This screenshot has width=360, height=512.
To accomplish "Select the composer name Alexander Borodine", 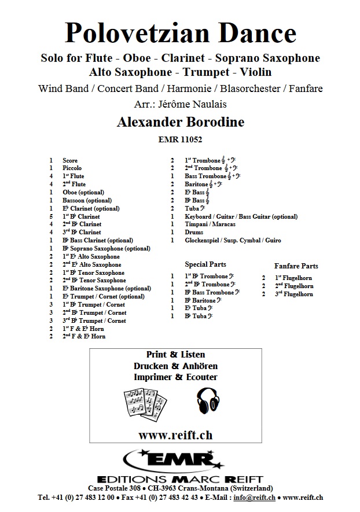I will (180, 121).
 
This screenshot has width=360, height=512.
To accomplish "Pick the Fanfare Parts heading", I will (296, 266).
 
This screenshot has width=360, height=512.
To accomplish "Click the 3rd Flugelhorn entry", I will (295, 294).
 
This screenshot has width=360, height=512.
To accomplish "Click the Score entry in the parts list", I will (69, 160).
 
